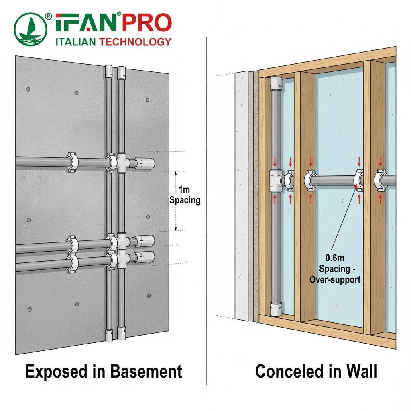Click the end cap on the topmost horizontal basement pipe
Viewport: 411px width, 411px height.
click(144, 163)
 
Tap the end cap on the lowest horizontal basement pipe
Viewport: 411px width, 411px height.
click(145, 257)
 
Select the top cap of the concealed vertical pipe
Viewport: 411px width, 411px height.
click(277, 83)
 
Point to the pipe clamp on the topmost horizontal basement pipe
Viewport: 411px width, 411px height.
click(72, 162)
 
